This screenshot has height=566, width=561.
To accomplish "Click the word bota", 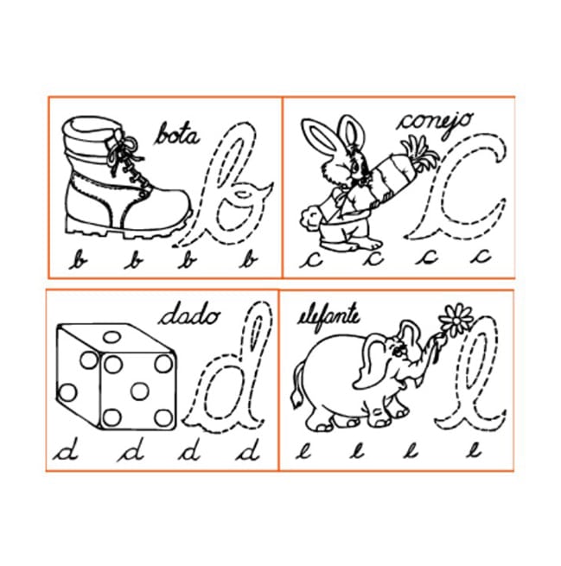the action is [176, 134].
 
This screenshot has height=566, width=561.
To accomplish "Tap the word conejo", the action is [434, 122].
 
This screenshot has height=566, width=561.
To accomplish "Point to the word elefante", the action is [328, 315].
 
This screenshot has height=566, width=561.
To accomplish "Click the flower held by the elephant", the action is [456, 320].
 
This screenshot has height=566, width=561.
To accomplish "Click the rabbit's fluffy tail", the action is [309, 217].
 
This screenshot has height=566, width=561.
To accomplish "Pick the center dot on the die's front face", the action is [140, 391].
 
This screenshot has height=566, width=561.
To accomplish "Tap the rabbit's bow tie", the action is [342, 198].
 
